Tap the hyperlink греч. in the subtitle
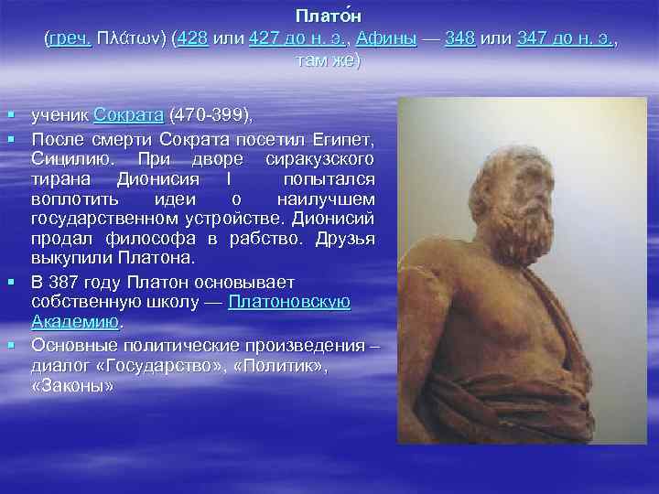[x=68, y=39]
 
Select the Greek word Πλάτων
[x=131, y=39]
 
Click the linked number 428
[x=193, y=39]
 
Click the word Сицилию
[x=65, y=159]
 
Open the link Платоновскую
[x=290, y=302]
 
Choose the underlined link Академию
[x=76, y=322]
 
